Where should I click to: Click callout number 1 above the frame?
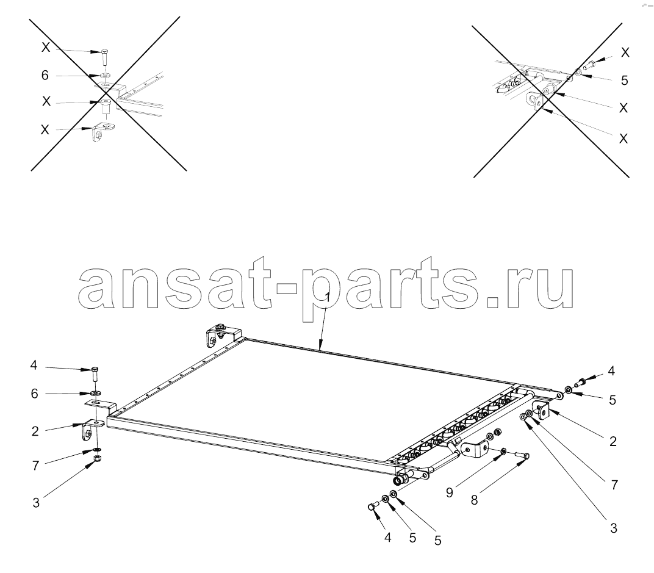tap(328, 298)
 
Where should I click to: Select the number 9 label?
tap(449, 492)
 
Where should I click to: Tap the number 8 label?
tap(474, 500)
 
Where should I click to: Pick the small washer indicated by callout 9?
tap(504, 452)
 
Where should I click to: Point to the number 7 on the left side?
tap(35, 466)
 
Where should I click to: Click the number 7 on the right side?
tap(614, 485)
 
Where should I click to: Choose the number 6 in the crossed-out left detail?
tap(45, 75)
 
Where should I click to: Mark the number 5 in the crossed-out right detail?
tap(624, 81)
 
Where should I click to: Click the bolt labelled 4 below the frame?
tap(372, 506)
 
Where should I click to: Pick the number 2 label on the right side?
tap(613, 441)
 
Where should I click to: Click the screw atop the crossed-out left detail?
tap(104, 57)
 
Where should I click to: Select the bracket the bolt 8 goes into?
tap(475, 449)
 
